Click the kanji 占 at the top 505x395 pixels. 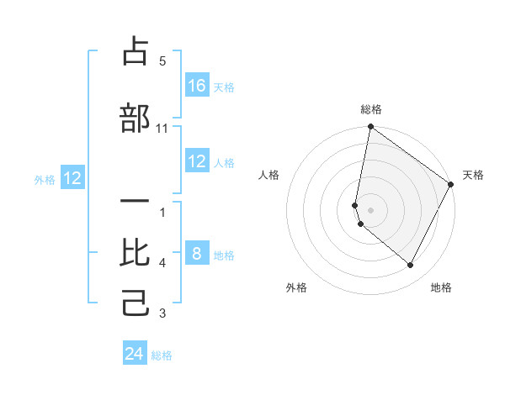[136, 52]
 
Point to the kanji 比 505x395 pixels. [136, 253]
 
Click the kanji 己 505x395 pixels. [136, 302]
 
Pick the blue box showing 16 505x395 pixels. [197, 86]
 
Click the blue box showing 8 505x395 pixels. [197, 254]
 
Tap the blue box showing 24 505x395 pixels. [135, 354]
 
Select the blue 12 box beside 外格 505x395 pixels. [72, 178]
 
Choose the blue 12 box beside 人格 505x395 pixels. [197, 161]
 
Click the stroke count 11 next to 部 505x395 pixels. [162, 129]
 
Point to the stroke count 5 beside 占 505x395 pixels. [162, 61]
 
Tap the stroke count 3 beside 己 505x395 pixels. [162, 314]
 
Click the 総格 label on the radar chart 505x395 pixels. [371, 109]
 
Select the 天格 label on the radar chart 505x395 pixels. [473, 175]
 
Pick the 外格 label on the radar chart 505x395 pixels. [296, 287]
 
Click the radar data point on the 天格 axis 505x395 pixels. [451, 184]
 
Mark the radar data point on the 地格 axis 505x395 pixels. [411, 266]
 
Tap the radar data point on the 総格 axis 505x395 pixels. [370, 128]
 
